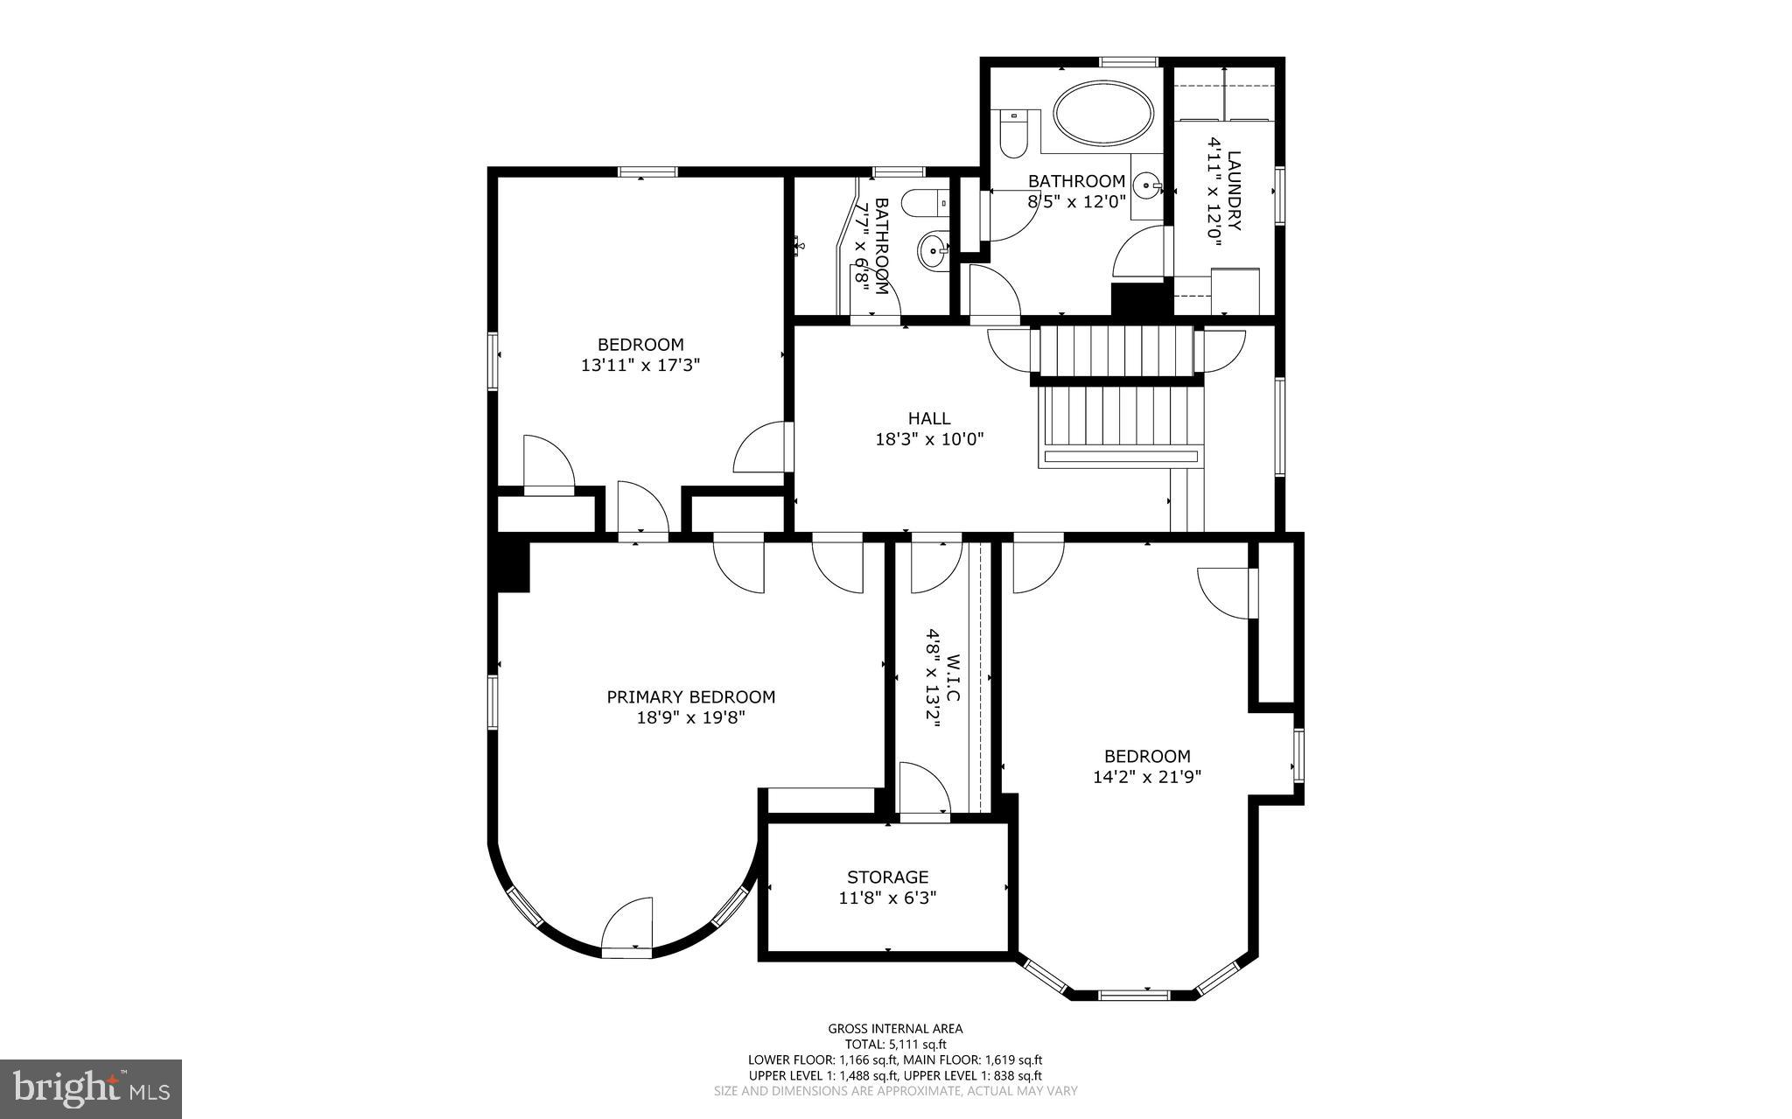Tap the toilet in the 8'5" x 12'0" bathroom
tap(1012, 136)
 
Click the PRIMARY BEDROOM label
tap(690, 697)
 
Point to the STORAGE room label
tap(887, 877)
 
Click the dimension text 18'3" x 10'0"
tap(929, 439)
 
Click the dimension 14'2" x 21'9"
tap(1146, 776)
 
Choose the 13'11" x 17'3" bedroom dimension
tap(640, 365)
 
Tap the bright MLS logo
tap(91, 1088)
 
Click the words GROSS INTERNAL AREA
tap(895, 1029)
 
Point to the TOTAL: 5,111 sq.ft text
tap(895, 1044)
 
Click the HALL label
tap(928, 419)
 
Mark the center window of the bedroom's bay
tap(1133, 995)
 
